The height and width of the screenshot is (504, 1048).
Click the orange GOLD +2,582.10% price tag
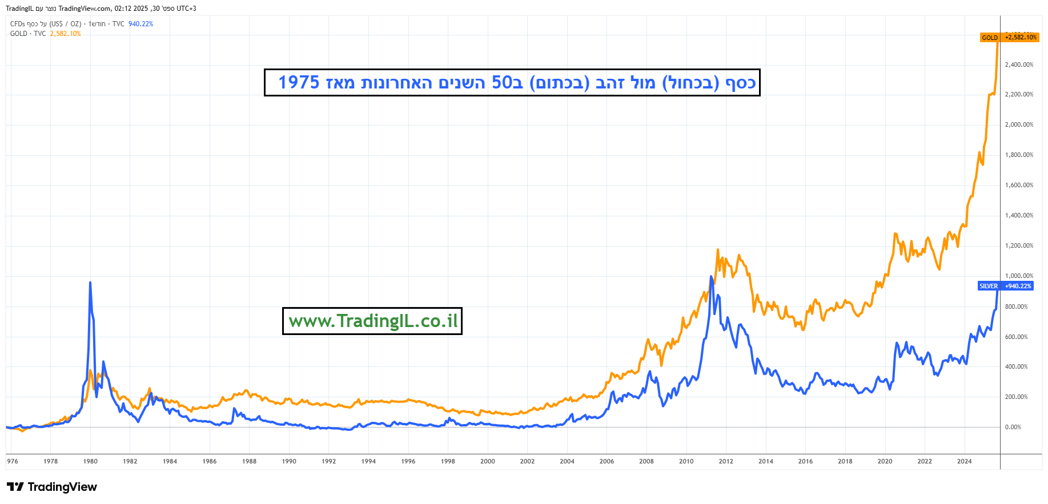[x=1009, y=38]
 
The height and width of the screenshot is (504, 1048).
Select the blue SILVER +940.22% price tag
[x=1006, y=286]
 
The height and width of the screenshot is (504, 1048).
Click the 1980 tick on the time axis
[x=90, y=461]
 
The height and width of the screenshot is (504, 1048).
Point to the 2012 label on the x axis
[x=726, y=461]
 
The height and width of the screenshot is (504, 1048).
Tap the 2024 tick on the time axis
[x=964, y=461]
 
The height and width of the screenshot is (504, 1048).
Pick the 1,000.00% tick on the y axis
[x=1019, y=276]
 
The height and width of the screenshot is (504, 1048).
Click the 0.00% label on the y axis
[x=1013, y=427]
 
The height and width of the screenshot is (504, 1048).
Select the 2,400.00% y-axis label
[x=1019, y=64]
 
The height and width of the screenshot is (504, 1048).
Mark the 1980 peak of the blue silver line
[x=90, y=283]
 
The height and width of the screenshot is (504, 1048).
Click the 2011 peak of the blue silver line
[x=711, y=277]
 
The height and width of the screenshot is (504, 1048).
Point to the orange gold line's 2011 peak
[x=718, y=249]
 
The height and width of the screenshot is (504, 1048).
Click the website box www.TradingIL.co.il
[x=372, y=321]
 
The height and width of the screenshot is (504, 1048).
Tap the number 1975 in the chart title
[x=299, y=82]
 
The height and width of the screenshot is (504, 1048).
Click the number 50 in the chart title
[x=503, y=82]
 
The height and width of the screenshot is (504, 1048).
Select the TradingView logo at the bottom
[x=52, y=487]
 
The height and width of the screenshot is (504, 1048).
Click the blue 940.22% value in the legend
[x=140, y=24]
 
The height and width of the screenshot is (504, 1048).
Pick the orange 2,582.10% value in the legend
[x=65, y=34]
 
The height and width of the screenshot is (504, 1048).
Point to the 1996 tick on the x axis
[x=408, y=461]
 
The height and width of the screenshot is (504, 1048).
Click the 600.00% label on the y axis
[x=1016, y=337]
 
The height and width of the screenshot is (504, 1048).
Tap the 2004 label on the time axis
[x=567, y=461]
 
